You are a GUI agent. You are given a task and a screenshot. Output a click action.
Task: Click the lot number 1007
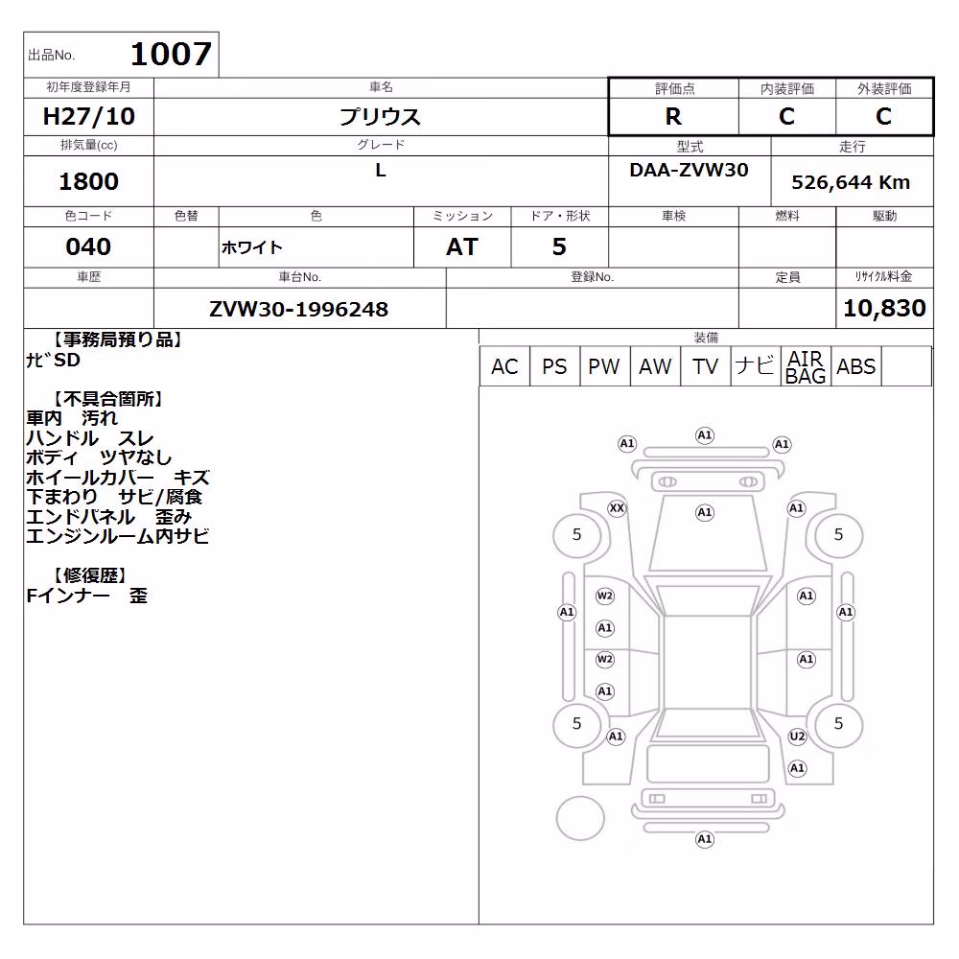172,54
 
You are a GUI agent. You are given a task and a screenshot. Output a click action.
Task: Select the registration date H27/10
88,116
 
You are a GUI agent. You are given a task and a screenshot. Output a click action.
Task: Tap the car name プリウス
381,116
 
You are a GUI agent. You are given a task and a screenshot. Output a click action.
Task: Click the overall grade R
673,116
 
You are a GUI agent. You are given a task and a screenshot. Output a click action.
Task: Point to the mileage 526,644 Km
851,182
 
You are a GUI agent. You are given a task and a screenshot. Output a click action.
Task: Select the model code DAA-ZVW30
689,170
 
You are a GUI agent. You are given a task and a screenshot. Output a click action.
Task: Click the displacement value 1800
88,181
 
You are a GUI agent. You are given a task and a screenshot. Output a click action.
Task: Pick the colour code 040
88,246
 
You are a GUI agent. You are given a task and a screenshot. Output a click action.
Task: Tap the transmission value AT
462,246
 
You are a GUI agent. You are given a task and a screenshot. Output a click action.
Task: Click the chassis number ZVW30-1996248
298,309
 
